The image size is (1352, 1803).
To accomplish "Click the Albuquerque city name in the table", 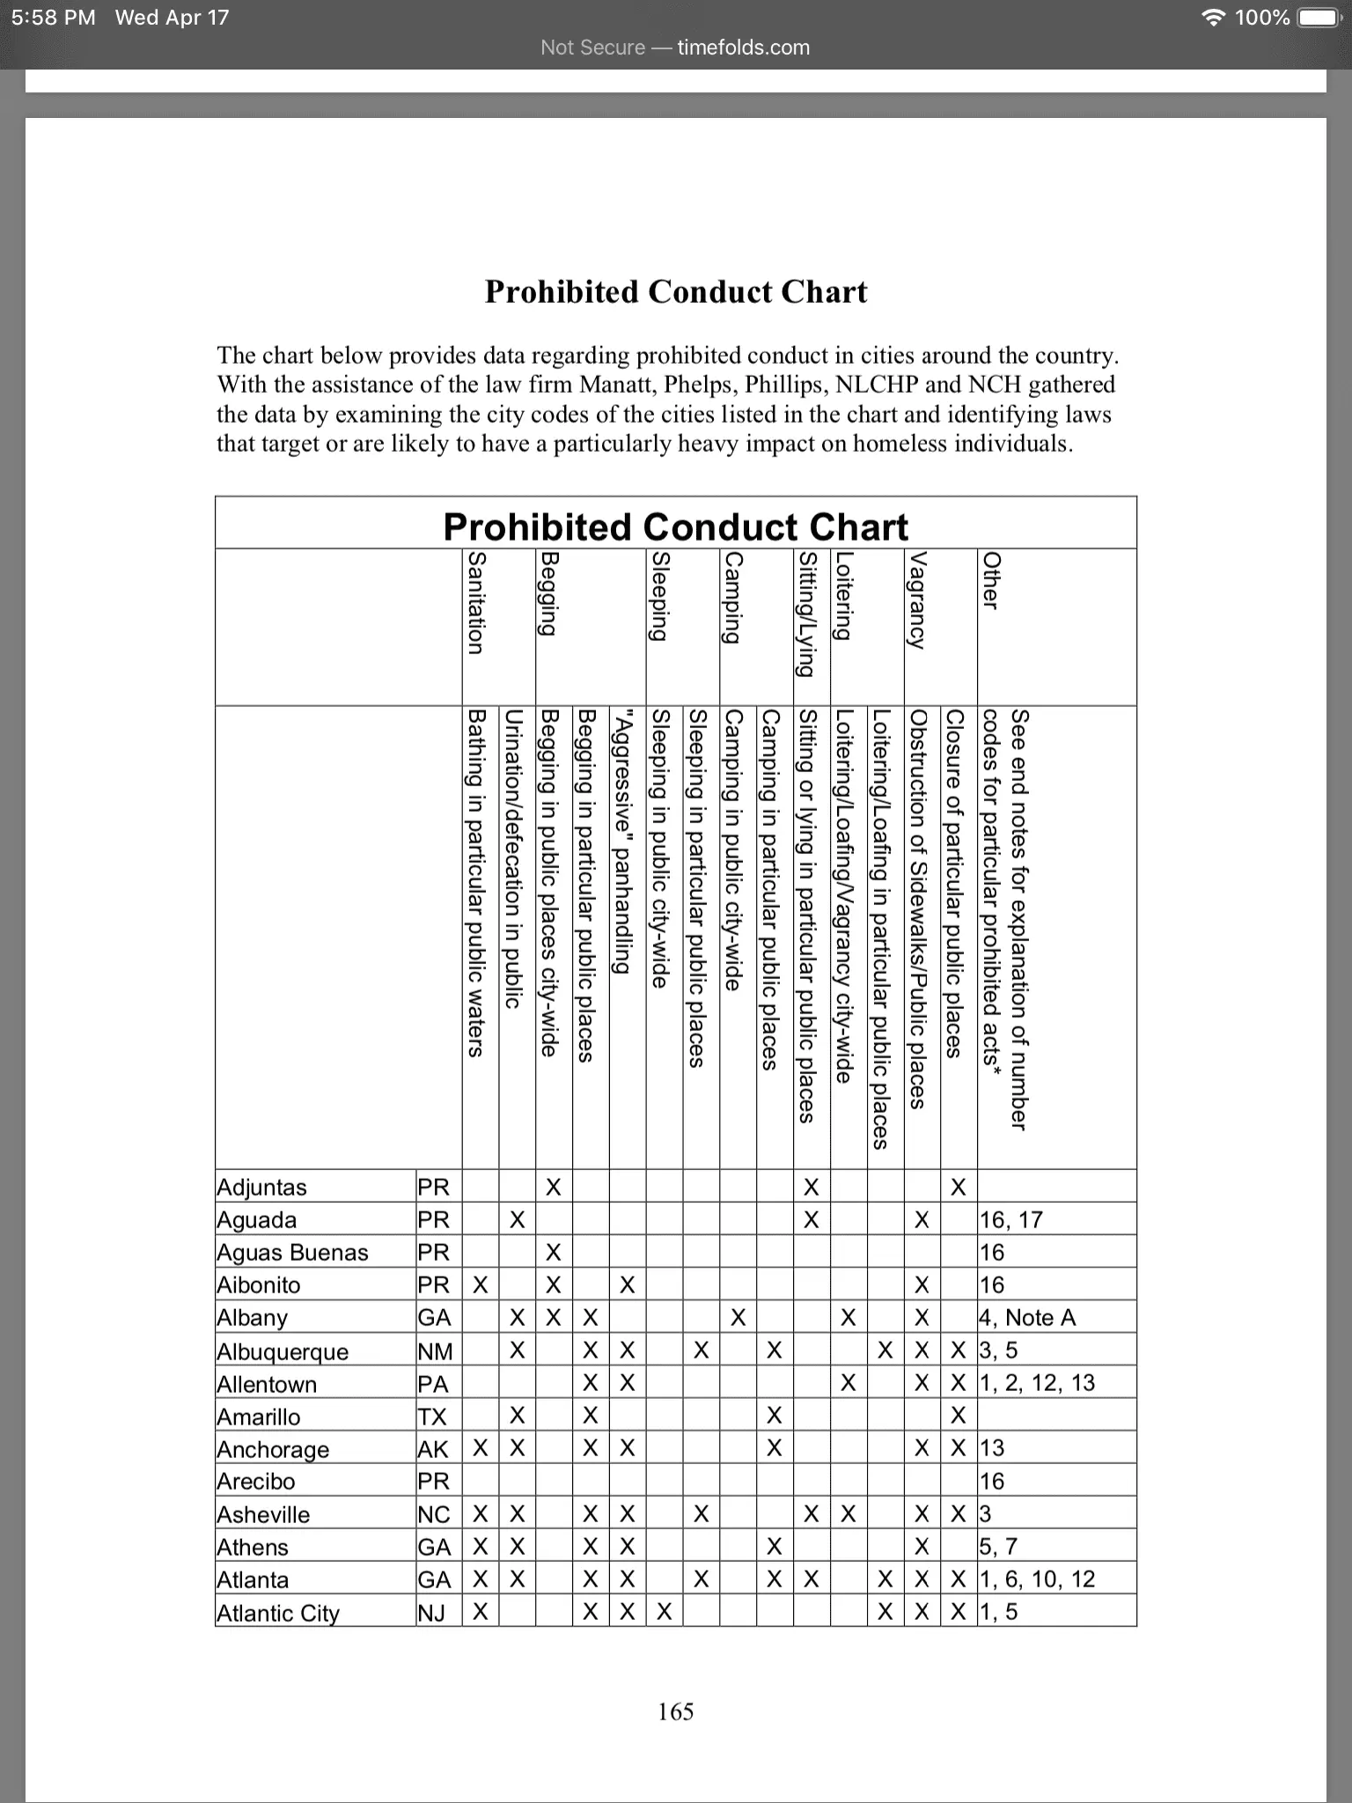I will (283, 1351).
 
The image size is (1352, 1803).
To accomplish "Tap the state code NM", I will (435, 1351).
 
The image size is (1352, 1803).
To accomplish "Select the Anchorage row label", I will (273, 1449).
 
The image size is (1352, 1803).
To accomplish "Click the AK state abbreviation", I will (433, 1449).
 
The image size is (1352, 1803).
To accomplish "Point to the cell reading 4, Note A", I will (1027, 1318).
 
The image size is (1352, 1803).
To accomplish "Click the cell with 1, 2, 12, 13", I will (1038, 1383).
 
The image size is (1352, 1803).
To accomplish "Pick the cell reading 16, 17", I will (1010, 1220).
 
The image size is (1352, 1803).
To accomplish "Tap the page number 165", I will (675, 1711).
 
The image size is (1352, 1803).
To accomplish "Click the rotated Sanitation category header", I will (475, 603).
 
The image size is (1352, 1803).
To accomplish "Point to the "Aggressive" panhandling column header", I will (623, 841).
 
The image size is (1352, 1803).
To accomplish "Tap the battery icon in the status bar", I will (1319, 18).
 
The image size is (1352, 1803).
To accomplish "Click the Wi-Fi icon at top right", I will (1214, 18).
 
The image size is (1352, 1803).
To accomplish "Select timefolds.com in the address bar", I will (743, 48).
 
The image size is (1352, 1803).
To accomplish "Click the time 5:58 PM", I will (54, 18).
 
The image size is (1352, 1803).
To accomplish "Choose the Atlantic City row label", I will (278, 1613).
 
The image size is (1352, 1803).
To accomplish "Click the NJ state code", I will (431, 1613).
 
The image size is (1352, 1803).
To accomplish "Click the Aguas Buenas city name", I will (292, 1253).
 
